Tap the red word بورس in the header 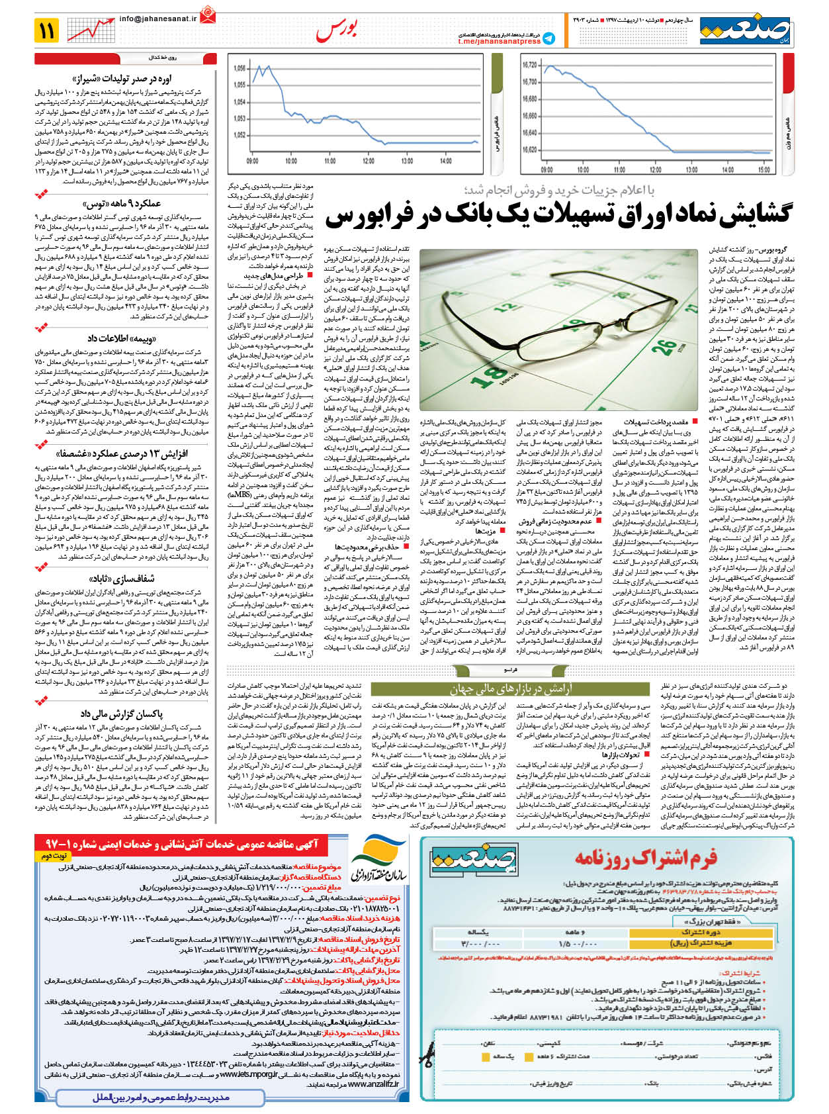[x=337, y=30]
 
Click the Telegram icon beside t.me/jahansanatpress [x=549, y=39]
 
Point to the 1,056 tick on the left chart [x=240, y=68]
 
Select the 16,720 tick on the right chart [x=529, y=65]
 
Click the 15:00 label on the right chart [x=764, y=169]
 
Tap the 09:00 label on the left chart [x=252, y=161]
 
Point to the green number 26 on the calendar [x=664, y=346]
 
